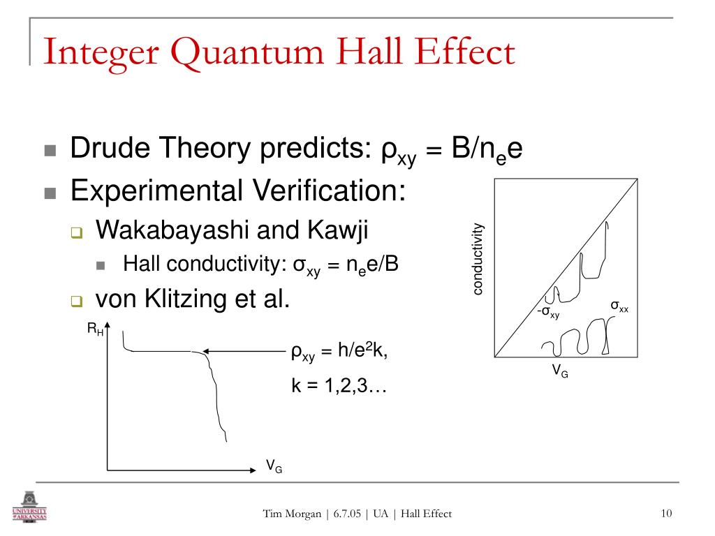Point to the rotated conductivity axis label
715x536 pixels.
tap(478, 259)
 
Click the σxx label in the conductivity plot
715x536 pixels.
tap(619, 306)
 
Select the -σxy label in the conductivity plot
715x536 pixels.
tap(548, 312)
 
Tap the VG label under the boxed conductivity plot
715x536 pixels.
tap(560, 372)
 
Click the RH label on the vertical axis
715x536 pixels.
tap(96, 329)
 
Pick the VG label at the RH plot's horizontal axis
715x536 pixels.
tap(274, 466)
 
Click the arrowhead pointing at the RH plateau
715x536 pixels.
tap(207, 351)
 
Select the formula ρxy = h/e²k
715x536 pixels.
tap(339, 352)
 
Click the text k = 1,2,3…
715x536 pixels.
tap(339, 385)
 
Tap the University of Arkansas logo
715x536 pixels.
tap(30, 507)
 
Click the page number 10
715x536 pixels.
tap(665, 514)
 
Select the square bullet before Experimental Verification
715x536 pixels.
tap(50, 193)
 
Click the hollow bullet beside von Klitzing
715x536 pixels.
tap(76, 302)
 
